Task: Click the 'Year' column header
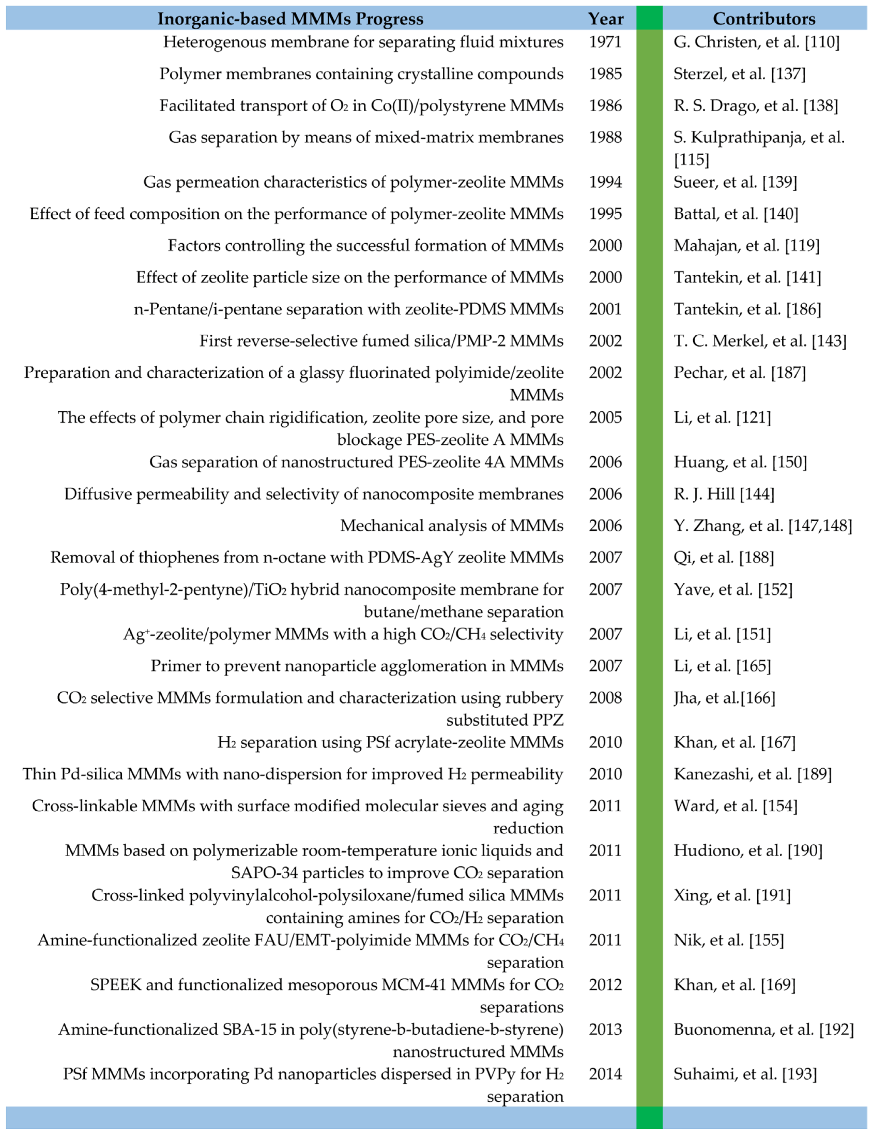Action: [605, 19]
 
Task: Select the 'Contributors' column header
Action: [763, 19]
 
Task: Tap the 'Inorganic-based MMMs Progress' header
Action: [290, 19]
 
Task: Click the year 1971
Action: [605, 41]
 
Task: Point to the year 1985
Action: [605, 74]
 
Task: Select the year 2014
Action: [605, 1073]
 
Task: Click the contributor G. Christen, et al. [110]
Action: [756, 41]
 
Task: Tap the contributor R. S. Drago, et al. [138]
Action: [756, 106]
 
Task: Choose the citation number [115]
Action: [691, 159]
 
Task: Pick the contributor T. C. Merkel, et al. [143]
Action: [760, 341]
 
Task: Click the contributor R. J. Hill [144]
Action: [724, 494]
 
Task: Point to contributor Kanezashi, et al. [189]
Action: [753, 774]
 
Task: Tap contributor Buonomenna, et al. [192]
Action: [763, 1029]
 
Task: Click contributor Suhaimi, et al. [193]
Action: [745, 1073]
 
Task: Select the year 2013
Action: [605, 1029]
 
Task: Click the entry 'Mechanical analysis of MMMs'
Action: [451, 526]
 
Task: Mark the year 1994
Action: [605, 182]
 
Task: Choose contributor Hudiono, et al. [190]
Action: [748, 850]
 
